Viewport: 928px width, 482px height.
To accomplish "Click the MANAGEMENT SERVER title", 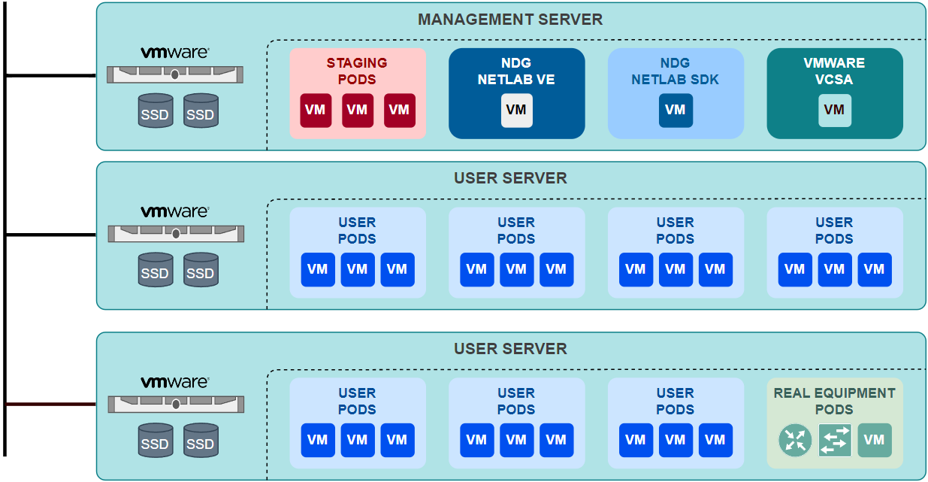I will coord(510,20).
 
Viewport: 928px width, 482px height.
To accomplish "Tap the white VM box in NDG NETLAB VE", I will coord(516,111).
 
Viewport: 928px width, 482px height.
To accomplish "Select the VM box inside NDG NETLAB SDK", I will coord(676,111).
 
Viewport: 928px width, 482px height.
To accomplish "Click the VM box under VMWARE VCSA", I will coord(834,111).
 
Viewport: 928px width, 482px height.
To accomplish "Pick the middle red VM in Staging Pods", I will coord(357,111).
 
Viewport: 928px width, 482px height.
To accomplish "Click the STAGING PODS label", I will coord(357,71).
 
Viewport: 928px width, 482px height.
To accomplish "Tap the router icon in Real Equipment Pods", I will coord(794,441).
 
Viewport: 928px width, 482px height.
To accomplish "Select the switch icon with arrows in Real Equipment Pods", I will coord(834,441).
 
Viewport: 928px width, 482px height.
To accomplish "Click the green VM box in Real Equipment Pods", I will coord(874,441).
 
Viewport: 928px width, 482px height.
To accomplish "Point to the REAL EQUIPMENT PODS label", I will coord(834,401).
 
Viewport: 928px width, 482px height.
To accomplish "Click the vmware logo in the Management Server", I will coord(175,53).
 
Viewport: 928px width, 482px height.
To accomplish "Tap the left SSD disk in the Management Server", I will coord(155,111).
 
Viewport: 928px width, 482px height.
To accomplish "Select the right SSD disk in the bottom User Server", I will coord(200,441).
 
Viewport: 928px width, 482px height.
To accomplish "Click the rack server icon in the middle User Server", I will coord(176,234).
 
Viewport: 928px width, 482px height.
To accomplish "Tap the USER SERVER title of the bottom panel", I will coord(510,349).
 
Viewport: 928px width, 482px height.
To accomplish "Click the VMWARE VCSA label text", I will coord(834,71).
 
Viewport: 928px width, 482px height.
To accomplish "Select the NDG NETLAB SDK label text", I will coord(676,71).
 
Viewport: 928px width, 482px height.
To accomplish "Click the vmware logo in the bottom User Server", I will coord(175,382).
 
